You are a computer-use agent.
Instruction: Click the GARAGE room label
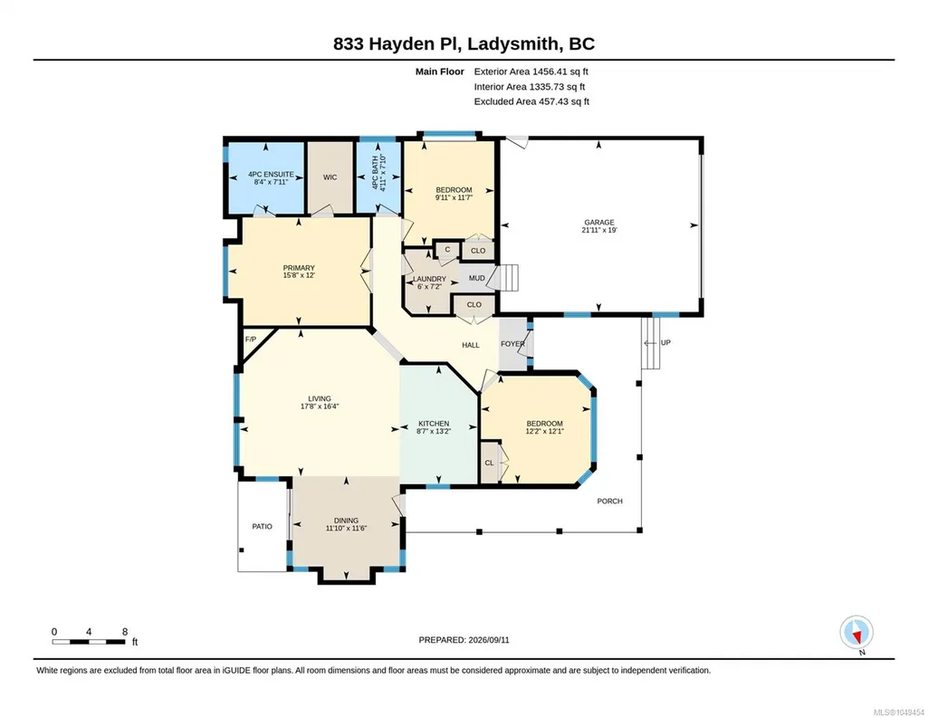pos(599,223)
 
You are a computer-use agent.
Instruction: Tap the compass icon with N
pos(856,632)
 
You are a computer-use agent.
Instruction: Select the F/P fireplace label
pos(251,339)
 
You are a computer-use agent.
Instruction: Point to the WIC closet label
pos(330,177)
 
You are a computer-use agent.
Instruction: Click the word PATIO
pos(263,527)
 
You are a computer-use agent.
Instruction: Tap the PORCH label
pos(609,501)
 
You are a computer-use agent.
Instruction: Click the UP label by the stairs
pos(665,342)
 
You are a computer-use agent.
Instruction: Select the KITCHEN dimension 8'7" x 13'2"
pos(434,431)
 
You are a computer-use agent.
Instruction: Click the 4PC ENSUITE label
pos(271,175)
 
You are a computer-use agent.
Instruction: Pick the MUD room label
pos(476,278)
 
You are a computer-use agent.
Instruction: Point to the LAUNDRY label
pos(429,279)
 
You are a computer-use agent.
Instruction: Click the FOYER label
pos(512,344)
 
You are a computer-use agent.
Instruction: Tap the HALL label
pos(471,345)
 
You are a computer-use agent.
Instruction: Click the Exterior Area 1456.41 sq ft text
pos(531,72)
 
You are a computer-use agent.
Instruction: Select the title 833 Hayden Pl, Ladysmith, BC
pos(464,43)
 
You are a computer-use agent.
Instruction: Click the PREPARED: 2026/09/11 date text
pos(464,639)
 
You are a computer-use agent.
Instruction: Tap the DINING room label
pos(346,521)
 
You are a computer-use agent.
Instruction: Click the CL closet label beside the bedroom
pos(489,463)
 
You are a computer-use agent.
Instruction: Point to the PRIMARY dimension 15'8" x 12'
pos(299,275)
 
